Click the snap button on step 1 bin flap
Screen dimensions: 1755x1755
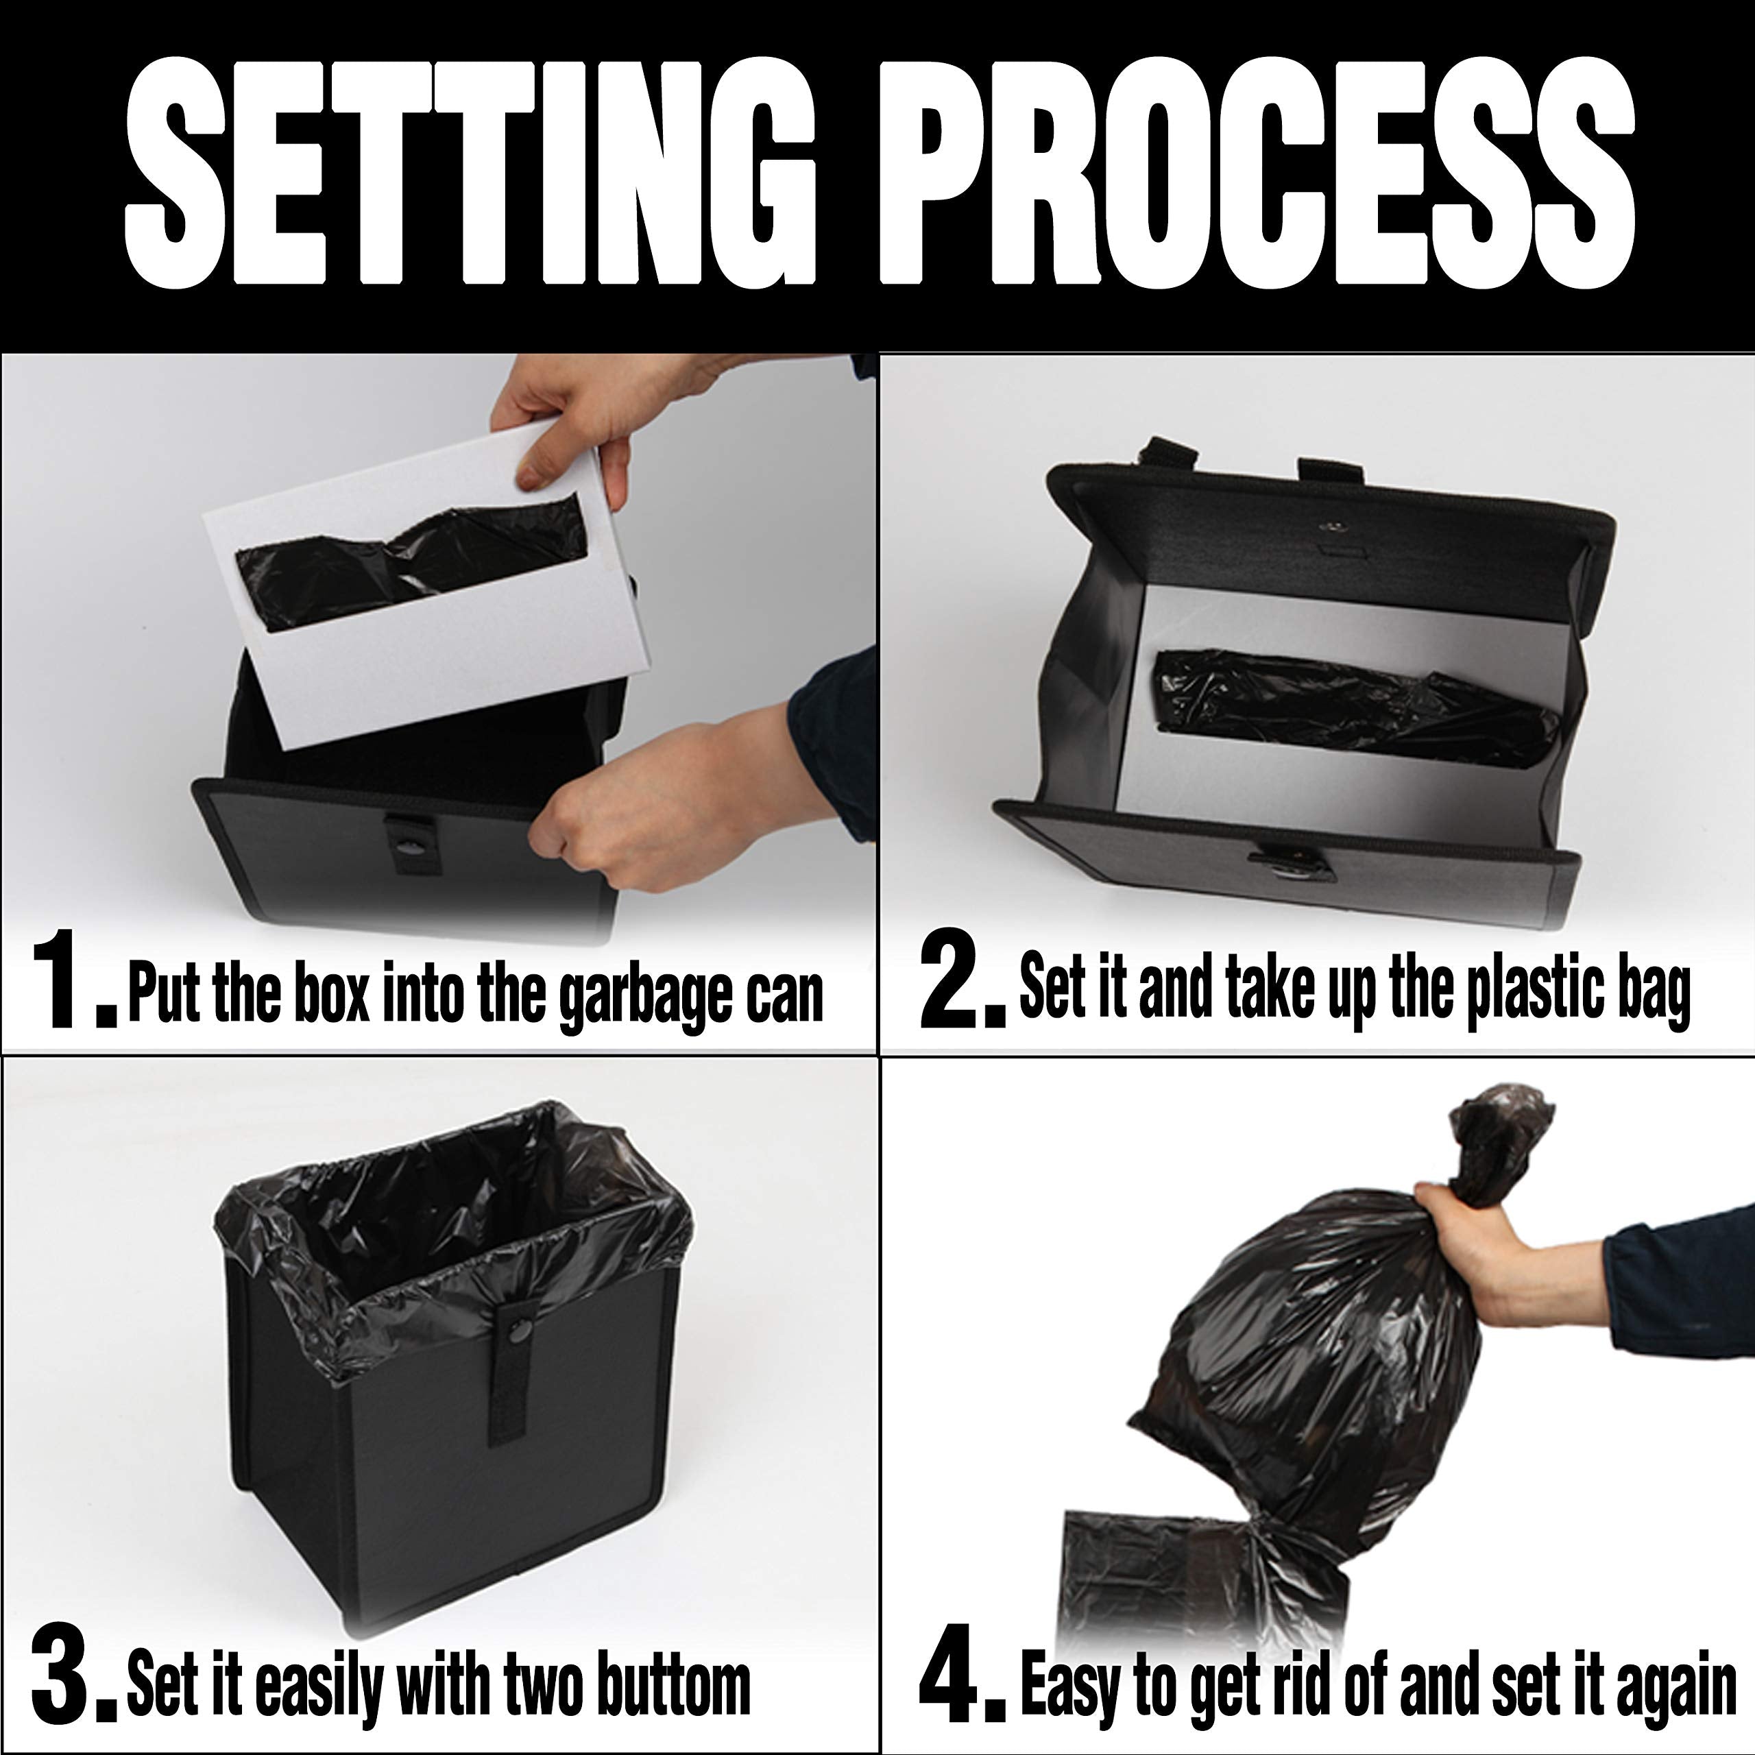[410, 847]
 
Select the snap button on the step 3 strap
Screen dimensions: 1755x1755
[520, 1333]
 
